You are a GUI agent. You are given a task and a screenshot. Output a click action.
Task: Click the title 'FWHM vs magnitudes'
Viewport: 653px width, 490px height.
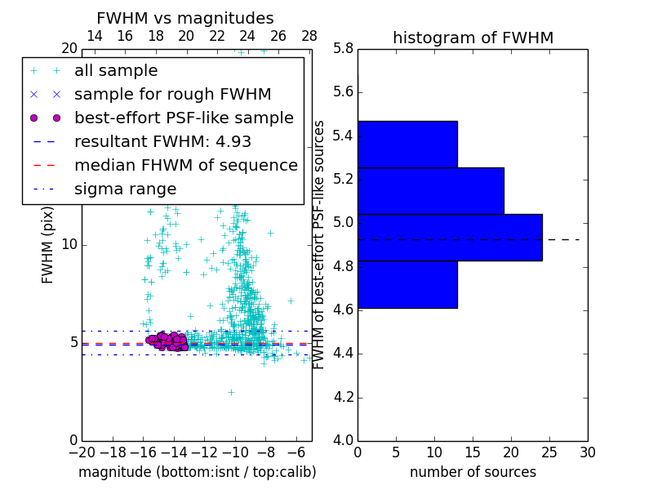click(x=185, y=18)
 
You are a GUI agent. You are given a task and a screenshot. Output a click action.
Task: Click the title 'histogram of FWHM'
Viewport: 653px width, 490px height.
click(x=473, y=38)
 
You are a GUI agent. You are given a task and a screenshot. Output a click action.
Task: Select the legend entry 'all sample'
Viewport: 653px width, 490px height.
click(x=116, y=71)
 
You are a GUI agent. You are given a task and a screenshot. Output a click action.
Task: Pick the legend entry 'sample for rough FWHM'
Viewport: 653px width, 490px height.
click(x=172, y=95)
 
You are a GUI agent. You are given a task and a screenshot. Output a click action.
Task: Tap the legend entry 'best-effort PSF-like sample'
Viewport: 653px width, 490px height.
click(x=184, y=118)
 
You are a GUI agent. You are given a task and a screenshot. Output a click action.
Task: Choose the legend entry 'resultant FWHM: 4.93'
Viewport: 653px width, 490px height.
click(x=162, y=141)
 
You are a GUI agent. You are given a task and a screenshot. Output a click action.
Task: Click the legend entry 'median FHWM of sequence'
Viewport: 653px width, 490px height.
click(x=185, y=165)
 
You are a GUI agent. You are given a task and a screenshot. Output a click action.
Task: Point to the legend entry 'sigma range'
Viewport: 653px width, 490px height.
click(x=125, y=189)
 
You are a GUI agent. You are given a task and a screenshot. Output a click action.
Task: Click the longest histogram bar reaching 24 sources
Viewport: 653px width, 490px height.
click(x=450, y=237)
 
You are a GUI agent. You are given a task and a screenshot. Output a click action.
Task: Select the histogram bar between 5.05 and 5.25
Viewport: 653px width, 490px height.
click(x=430, y=190)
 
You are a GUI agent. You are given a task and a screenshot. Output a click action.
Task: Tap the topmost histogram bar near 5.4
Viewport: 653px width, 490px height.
click(x=407, y=144)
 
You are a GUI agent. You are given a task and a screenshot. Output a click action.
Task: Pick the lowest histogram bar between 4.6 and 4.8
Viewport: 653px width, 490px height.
click(x=407, y=284)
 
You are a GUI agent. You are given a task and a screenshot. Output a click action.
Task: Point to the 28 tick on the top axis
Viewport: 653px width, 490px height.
click(x=309, y=36)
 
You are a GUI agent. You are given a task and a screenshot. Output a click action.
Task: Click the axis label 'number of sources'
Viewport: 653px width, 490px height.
click(x=473, y=472)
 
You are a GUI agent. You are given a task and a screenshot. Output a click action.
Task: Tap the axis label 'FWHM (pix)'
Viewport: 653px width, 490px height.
click(x=48, y=243)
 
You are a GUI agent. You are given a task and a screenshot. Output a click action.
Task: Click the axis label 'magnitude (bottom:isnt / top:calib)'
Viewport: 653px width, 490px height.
click(x=197, y=472)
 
